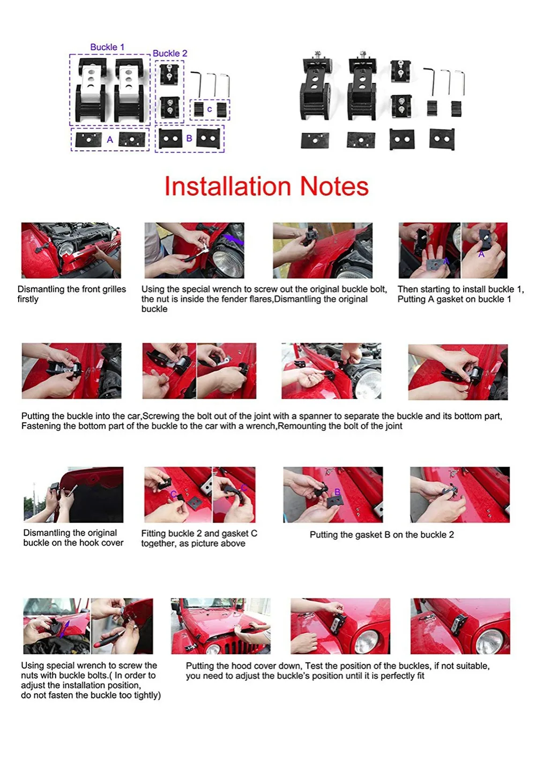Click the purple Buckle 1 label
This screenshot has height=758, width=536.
coord(107,47)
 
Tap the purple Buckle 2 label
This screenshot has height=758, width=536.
coord(170,54)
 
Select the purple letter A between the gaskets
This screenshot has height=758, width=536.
coord(110,139)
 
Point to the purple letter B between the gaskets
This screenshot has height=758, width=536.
coord(189,139)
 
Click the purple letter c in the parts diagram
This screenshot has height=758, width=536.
coord(210,109)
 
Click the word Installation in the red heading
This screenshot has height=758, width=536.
coord(228,186)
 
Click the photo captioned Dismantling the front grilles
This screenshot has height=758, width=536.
coord(71,251)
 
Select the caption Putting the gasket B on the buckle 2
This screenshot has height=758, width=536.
coord(382,535)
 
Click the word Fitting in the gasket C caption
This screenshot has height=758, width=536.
coord(153,534)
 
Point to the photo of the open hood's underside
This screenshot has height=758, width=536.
coord(73,495)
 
